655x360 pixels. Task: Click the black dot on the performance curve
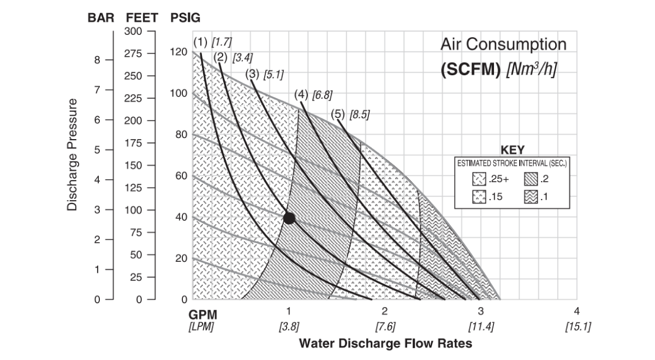coord(289,218)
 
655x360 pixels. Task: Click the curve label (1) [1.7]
coord(212,42)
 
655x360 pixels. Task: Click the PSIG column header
coord(186,17)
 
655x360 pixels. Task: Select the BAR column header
coord(101,17)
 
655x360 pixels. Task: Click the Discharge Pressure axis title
coord(72,155)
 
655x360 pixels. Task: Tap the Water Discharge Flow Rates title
coord(385,344)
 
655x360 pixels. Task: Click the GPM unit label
coord(203,315)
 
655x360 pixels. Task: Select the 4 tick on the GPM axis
coord(577,311)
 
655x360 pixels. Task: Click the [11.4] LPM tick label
coord(481,327)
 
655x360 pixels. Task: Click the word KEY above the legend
coord(513,149)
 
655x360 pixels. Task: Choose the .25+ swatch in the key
coord(479,179)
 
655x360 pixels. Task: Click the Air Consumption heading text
coord(503,44)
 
